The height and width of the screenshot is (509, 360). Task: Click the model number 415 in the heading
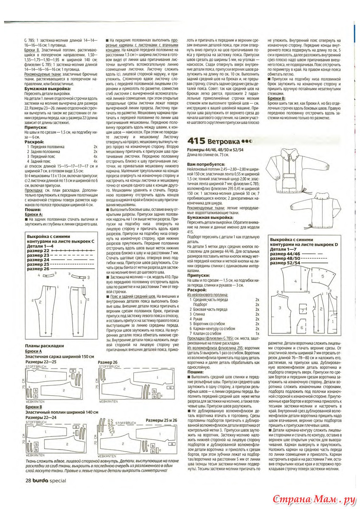(x=197, y=141)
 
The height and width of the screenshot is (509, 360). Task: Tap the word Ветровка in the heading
(x=224, y=141)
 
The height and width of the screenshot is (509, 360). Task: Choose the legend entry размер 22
(x=37, y=251)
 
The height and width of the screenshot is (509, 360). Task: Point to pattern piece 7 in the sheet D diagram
(x=301, y=311)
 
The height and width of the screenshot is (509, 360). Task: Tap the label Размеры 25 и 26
(x=161, y=420)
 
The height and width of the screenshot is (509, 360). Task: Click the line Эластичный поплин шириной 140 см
(x=59, y=412)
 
